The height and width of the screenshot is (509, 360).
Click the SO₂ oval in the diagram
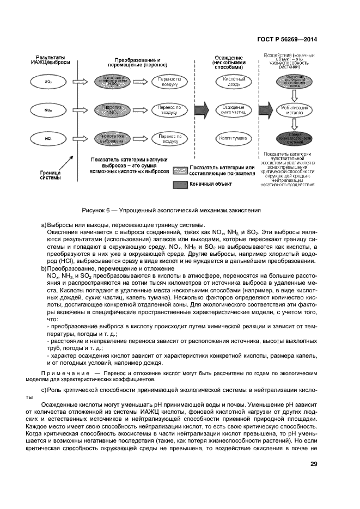coord(48,82)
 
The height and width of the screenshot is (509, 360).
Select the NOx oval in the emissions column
coord(48,110)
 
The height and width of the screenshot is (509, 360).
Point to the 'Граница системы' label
coord(50,174)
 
